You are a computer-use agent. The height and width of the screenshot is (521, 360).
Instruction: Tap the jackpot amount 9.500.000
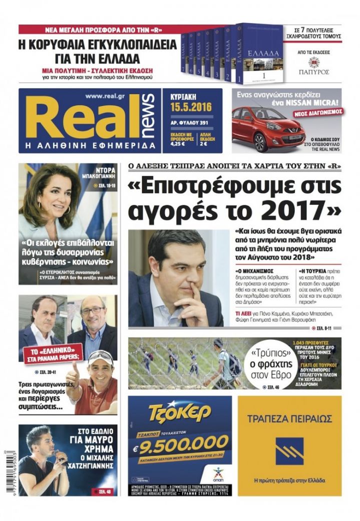click(x=184, y=443)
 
